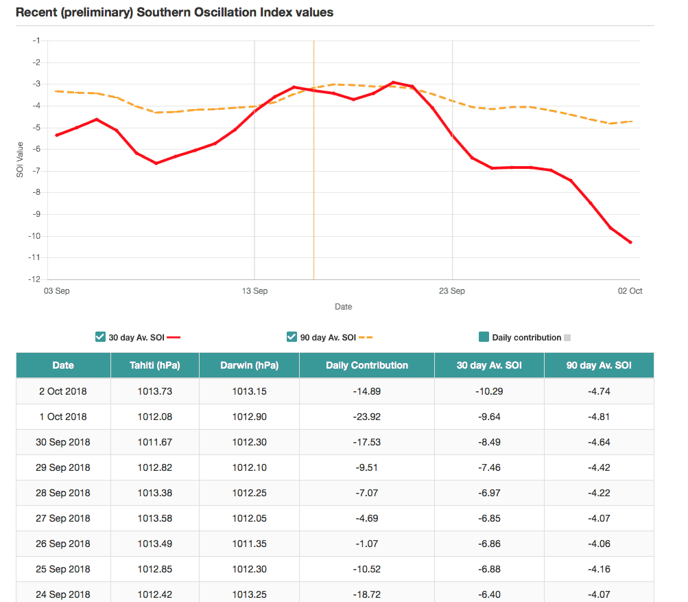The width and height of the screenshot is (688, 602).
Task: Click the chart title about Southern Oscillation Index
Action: (x=174, y=12)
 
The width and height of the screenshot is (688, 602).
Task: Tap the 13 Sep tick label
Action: (x=254, y=291)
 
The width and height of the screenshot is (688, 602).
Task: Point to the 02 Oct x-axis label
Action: (x=630, y=291)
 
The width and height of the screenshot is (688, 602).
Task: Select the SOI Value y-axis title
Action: (x=20, y=160)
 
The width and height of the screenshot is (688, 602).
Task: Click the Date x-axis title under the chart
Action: (x=343, y=307)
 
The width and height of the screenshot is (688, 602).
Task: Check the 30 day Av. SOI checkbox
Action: (x=100, y=337)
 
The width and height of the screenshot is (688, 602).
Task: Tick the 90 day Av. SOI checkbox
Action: (x=292, y=337)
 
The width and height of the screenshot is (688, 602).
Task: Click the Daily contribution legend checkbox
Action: (x=484, y=337)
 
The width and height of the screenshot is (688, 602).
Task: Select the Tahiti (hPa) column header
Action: (x=154, y=365)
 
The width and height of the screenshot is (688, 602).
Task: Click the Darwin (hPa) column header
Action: (x=249, y=365)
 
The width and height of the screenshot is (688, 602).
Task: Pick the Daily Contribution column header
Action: (x=366, y=365)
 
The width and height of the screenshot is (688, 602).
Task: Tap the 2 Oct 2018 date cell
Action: (x=63, y=391)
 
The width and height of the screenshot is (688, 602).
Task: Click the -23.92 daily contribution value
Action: (x=366, y=417)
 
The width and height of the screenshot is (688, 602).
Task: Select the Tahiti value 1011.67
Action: (x=154, y=442)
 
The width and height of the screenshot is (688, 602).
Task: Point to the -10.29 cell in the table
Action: (x=488, y=391)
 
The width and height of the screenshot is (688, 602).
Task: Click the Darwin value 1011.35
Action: (x=249, y=544)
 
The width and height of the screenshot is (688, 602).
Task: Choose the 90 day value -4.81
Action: (x=598, y=417)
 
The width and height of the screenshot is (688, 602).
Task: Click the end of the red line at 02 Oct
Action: (x=630, y=242)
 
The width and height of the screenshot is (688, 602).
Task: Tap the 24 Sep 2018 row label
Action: (x=63, y=594)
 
